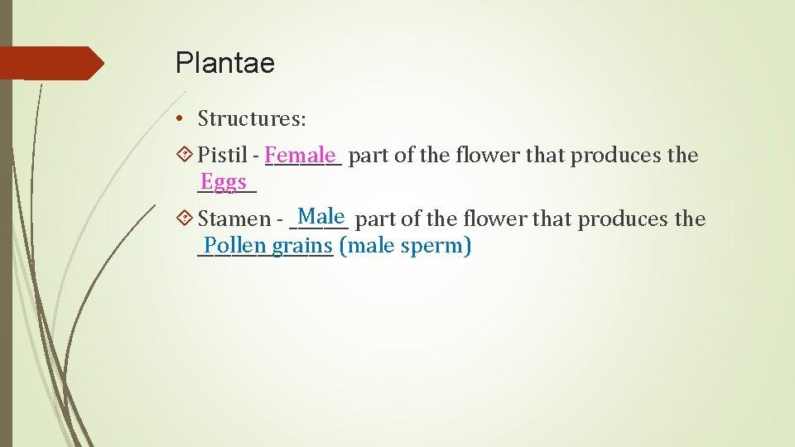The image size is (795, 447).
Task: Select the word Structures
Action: [x=252, y=118]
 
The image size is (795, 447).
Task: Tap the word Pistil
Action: [x=223, y=155]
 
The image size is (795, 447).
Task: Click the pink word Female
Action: [x=302, y=155]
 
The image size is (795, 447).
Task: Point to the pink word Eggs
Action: [x=224, y=181]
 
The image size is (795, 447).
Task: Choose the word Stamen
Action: [x=234, y=219]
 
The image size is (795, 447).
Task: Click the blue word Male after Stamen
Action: [x=321, y=217]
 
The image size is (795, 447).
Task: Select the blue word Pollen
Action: [x=235, y=246]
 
